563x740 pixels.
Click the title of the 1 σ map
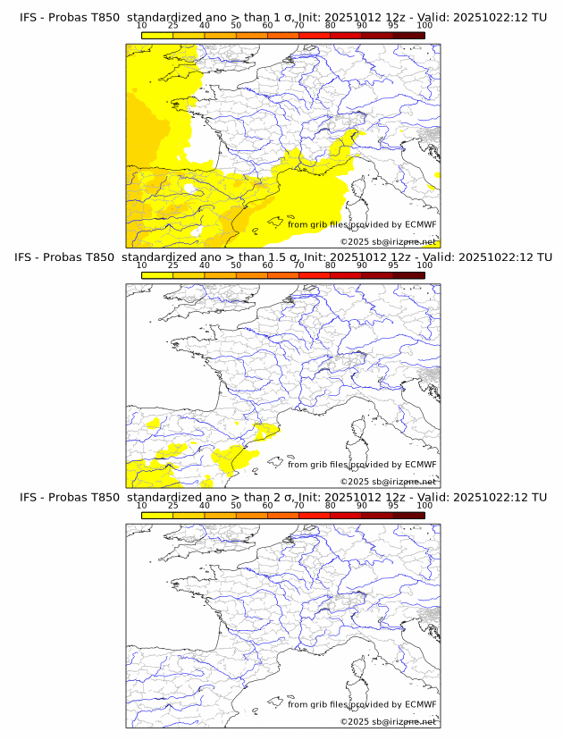[x=282, y=17]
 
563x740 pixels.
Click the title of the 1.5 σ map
[x=282, y=257]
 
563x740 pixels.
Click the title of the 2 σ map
[x=282, y=497]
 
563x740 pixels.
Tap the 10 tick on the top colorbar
[x=142, y=26]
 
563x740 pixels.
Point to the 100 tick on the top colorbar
[x=424, y=26]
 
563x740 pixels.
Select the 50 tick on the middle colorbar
[x=236, y=266]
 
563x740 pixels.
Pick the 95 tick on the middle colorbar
[x=393, y=266]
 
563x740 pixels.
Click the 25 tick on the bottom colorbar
[x=173, y=506]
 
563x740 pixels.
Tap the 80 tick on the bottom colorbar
[x=331, y=506]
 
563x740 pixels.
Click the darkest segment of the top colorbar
[x=408, y=35]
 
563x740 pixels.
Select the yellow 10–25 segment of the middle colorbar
[x=157, y=275]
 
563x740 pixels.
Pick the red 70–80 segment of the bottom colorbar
[x=315, y=515]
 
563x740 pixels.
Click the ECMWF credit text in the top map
[x=362, y=225]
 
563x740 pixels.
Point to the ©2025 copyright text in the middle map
[x=388, y=482]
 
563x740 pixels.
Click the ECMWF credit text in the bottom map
[x=362, y=705]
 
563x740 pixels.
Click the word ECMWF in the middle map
[x=420, y=465]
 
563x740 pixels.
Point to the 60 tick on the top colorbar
[x=267, y=26]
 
